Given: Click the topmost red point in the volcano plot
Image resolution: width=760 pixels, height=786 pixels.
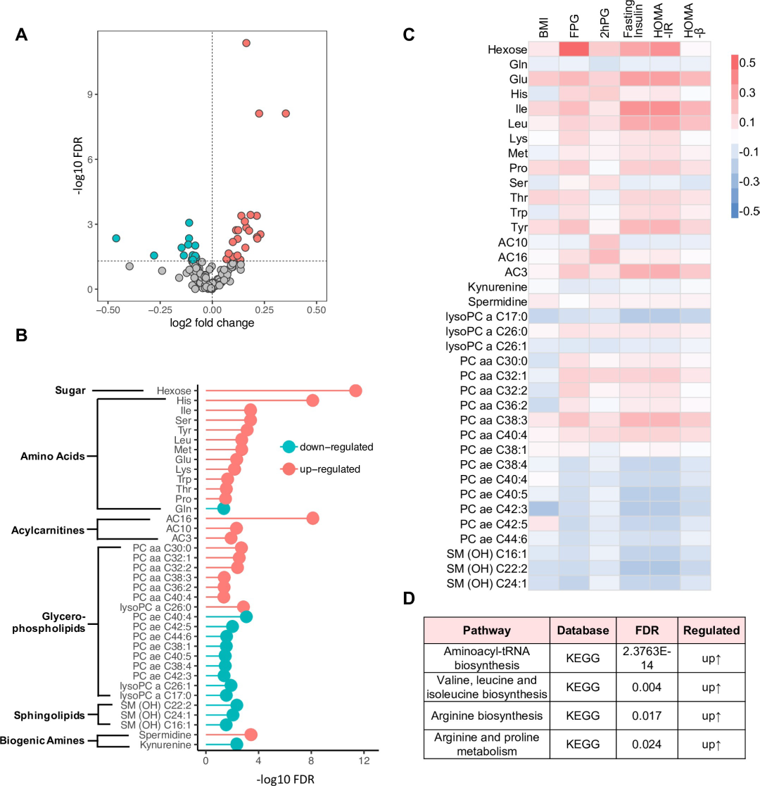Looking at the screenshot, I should pos(246,44).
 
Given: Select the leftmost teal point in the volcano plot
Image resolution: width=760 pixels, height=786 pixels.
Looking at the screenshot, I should pos(116,239).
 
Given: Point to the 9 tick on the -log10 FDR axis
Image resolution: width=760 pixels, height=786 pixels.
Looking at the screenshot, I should pos(91,94).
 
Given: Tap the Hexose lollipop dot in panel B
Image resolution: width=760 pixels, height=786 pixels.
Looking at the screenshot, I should pos(355,391).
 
